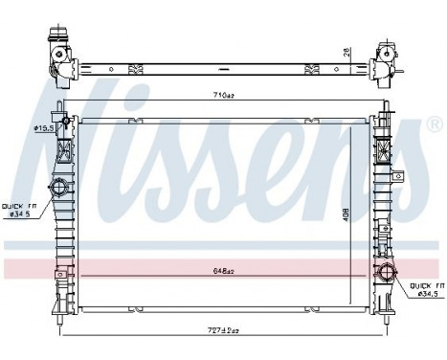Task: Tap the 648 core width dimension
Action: pyautogui.click(x=222, y=272)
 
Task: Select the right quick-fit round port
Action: pyautogui.click(x=388, y=276)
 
